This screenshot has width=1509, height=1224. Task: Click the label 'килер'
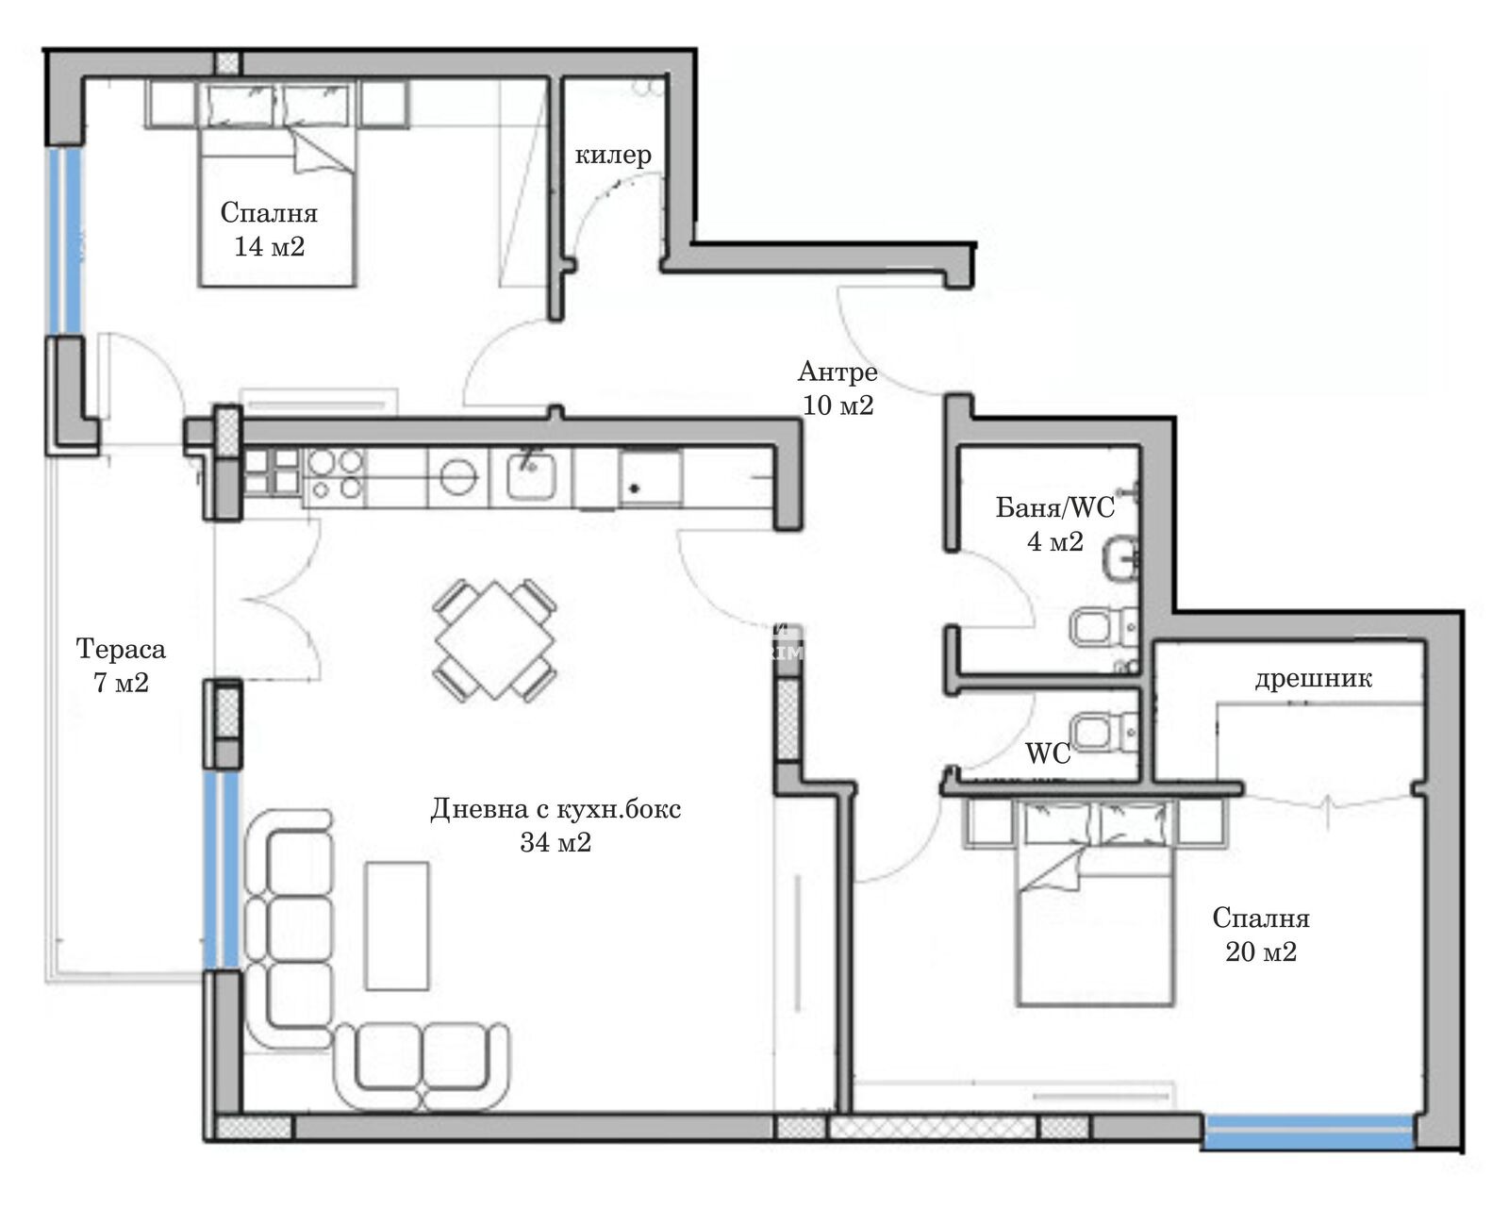tap(613, 156)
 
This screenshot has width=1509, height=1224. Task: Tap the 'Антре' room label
tap(837, 372)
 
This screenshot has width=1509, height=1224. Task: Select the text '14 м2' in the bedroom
tap(270, 246)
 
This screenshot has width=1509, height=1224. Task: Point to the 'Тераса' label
tap(121, 649)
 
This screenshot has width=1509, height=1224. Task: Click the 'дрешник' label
tap(1314, 679)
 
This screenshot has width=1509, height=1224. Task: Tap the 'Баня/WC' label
tap(1054, 507)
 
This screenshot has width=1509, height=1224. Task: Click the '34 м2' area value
tap(556, 842)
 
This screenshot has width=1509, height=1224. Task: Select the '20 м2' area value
tap(1261, 951)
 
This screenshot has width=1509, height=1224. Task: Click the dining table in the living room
tap(494, 641)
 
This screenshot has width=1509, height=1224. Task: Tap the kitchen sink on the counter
tap(531, 473)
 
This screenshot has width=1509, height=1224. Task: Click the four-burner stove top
tap(335, 473)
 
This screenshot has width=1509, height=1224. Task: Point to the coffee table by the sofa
tap(397, 926)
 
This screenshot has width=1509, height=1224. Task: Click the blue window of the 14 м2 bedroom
tap(64, 240)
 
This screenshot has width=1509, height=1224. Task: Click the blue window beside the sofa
tap(222, 869)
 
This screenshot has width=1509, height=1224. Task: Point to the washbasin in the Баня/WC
tap(1121, 559)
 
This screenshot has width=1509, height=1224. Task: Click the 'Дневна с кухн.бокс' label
tap(556, 809)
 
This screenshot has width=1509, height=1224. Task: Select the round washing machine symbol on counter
tap(458, 474)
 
